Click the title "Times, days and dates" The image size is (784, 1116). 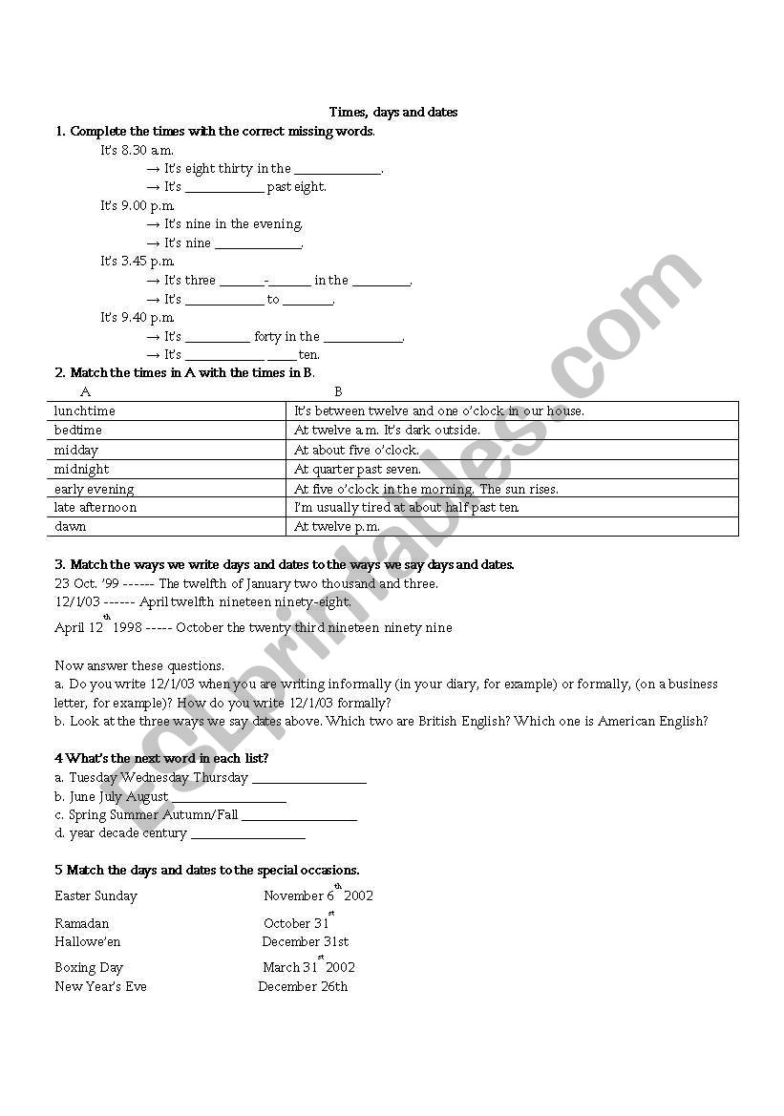pos(392,113)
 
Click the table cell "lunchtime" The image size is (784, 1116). pos(85,411)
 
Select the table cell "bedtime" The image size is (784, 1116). pos(78,431)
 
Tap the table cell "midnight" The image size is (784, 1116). pos(82,470)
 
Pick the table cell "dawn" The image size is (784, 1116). pos(71,527)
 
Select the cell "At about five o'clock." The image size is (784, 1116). pos(356,450)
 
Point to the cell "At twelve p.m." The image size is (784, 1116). pos(337,527)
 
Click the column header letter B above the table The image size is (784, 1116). pos(338,391)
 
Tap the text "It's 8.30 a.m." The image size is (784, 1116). pos(138,151)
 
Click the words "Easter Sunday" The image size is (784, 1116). pos(96,896)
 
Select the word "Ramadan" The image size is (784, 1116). pos(82,924)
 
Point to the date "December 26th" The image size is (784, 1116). pos(303,987)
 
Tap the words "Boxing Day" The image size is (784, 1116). pos(89,968)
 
